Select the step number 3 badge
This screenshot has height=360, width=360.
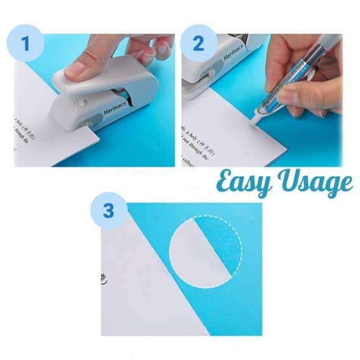click(x=109, y=211)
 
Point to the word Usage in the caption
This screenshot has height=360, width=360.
click(x=315, y=181)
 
